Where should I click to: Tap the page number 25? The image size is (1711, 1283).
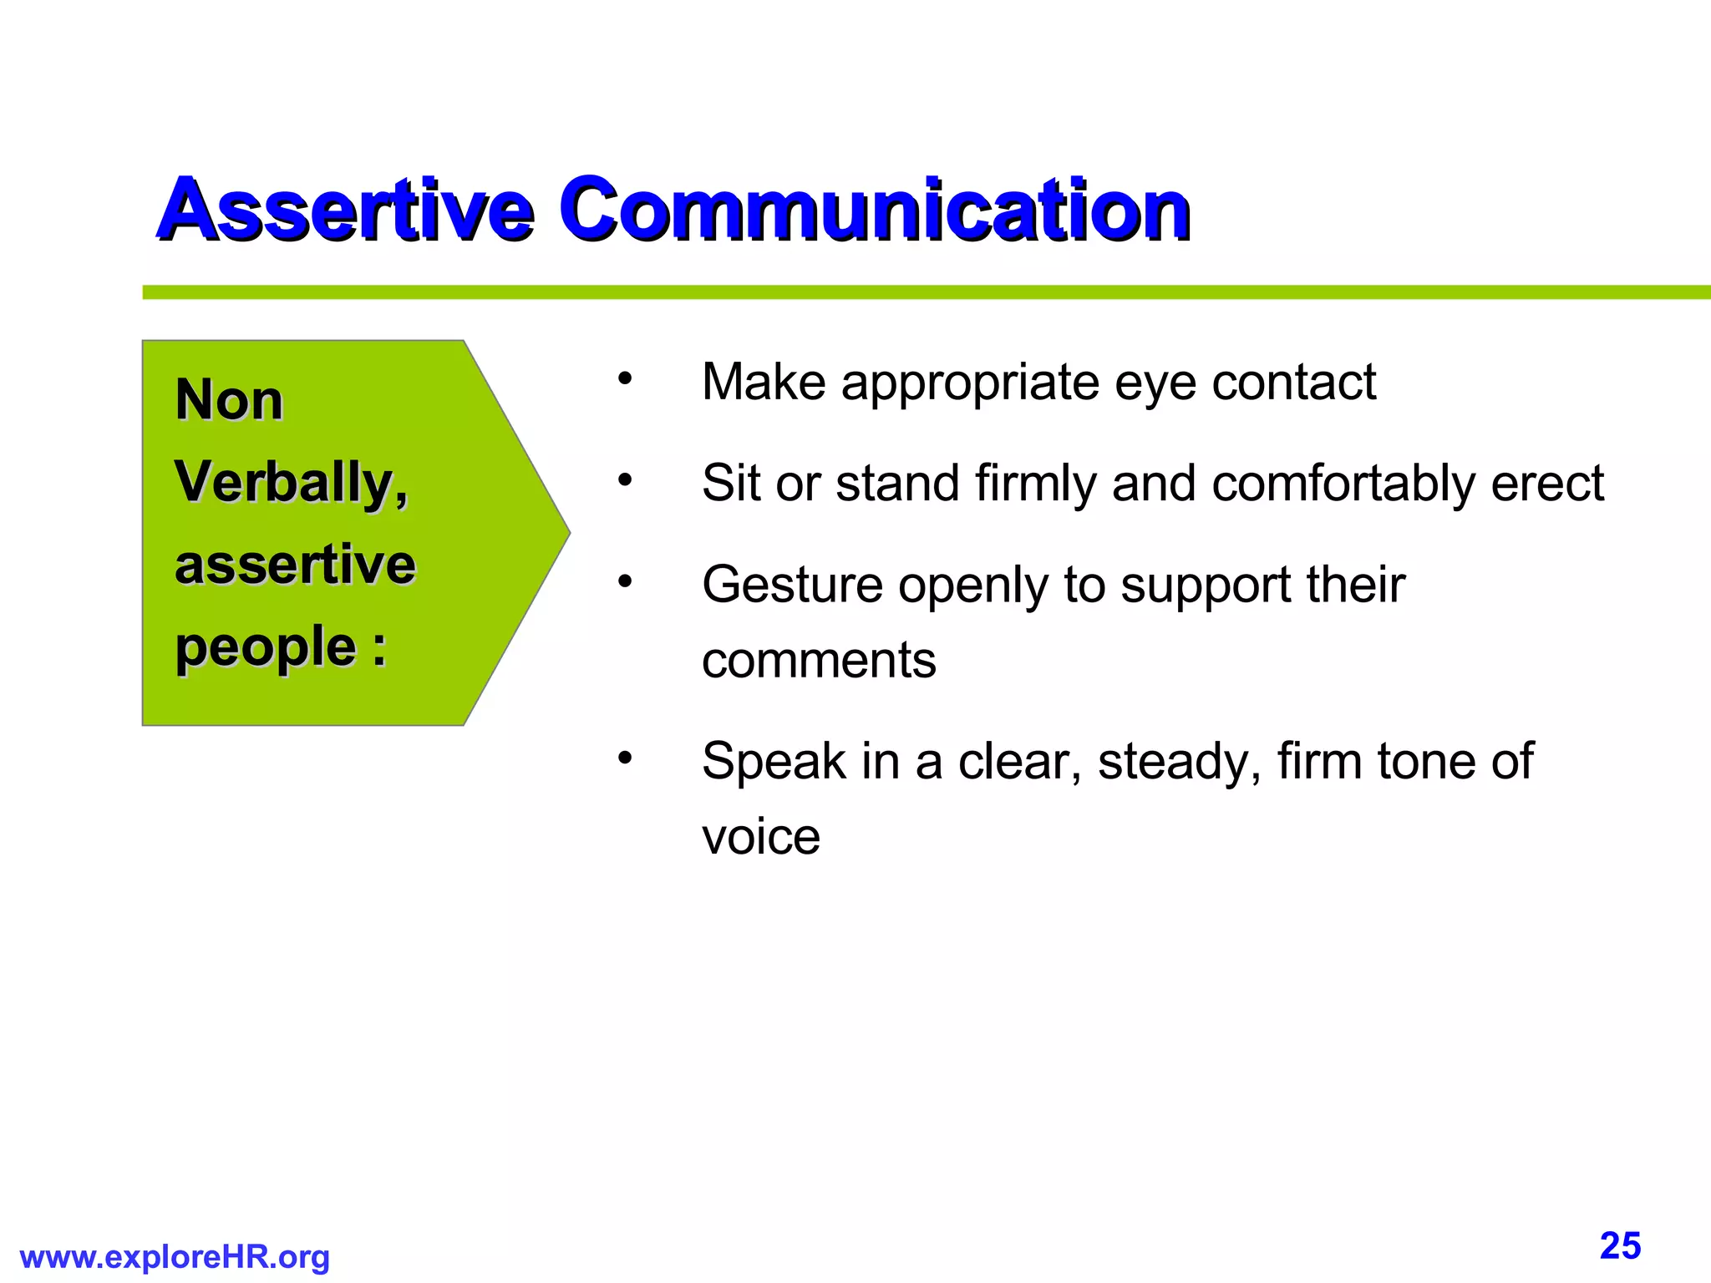1620,1246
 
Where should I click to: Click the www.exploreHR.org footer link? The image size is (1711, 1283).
175,1256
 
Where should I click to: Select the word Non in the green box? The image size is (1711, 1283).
229,400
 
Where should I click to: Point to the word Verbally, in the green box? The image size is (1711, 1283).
291,483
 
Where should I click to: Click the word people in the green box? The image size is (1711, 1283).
266,648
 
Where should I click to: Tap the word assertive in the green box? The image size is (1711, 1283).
295,565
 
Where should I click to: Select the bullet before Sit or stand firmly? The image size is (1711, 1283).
625,480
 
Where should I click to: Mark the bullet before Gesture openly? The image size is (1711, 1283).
625,581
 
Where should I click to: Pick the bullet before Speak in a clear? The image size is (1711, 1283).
625,758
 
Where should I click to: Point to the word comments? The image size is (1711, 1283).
819,661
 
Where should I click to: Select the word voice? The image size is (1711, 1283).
761,837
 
